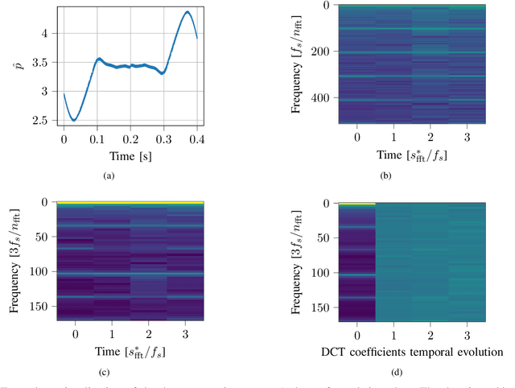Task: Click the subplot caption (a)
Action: pyautogui.click(x=130, y=173)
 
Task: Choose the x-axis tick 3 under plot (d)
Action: pyautogui.click(x=467, y=333)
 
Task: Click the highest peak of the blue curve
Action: pyautogui.click(x=187, y=12)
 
